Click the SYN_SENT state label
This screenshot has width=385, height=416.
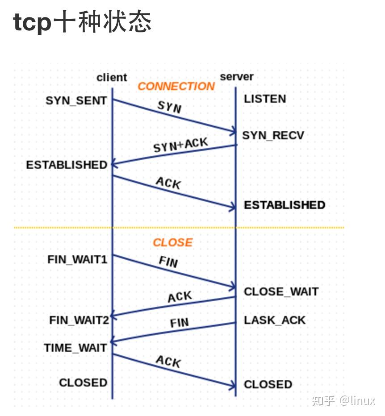click(76, 100)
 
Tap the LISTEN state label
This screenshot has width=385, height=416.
click(265, 99)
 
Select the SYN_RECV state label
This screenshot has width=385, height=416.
click(273, 135)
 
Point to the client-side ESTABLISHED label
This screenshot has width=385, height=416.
click(67, 165)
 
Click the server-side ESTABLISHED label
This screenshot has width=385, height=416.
click(285, 205)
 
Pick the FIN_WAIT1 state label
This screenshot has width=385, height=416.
click(77, 259)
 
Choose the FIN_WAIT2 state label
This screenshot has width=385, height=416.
click(79, 320)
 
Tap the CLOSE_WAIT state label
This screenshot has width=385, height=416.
click(281, 292)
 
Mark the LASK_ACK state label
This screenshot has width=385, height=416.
click(275, 320)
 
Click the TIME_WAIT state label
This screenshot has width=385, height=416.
click(75, 348)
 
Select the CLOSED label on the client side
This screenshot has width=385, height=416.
click(83, 383)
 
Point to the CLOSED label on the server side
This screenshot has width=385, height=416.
click(268, 385)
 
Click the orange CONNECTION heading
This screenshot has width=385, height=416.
click(176, 86)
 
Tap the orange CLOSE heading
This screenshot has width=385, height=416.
click(172, 242)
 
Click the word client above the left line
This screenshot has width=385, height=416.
click(112, 78)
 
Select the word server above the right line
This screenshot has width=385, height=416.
click(237, 77)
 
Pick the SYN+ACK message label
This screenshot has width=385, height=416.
click(180, 145)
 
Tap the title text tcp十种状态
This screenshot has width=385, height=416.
click(83, 22)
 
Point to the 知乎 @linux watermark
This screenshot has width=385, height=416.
click(343, 400)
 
